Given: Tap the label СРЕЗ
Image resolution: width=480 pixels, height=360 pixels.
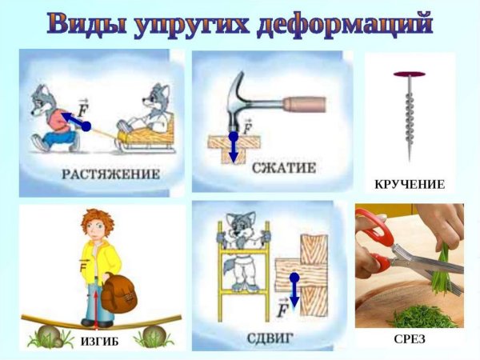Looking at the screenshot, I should click(410, 339).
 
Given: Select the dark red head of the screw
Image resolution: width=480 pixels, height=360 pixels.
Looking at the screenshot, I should click(409, 74).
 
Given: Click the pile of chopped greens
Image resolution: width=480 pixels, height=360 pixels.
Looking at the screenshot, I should click(424, 316).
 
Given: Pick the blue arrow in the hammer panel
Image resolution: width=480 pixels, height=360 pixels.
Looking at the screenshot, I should click(233, 148).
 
